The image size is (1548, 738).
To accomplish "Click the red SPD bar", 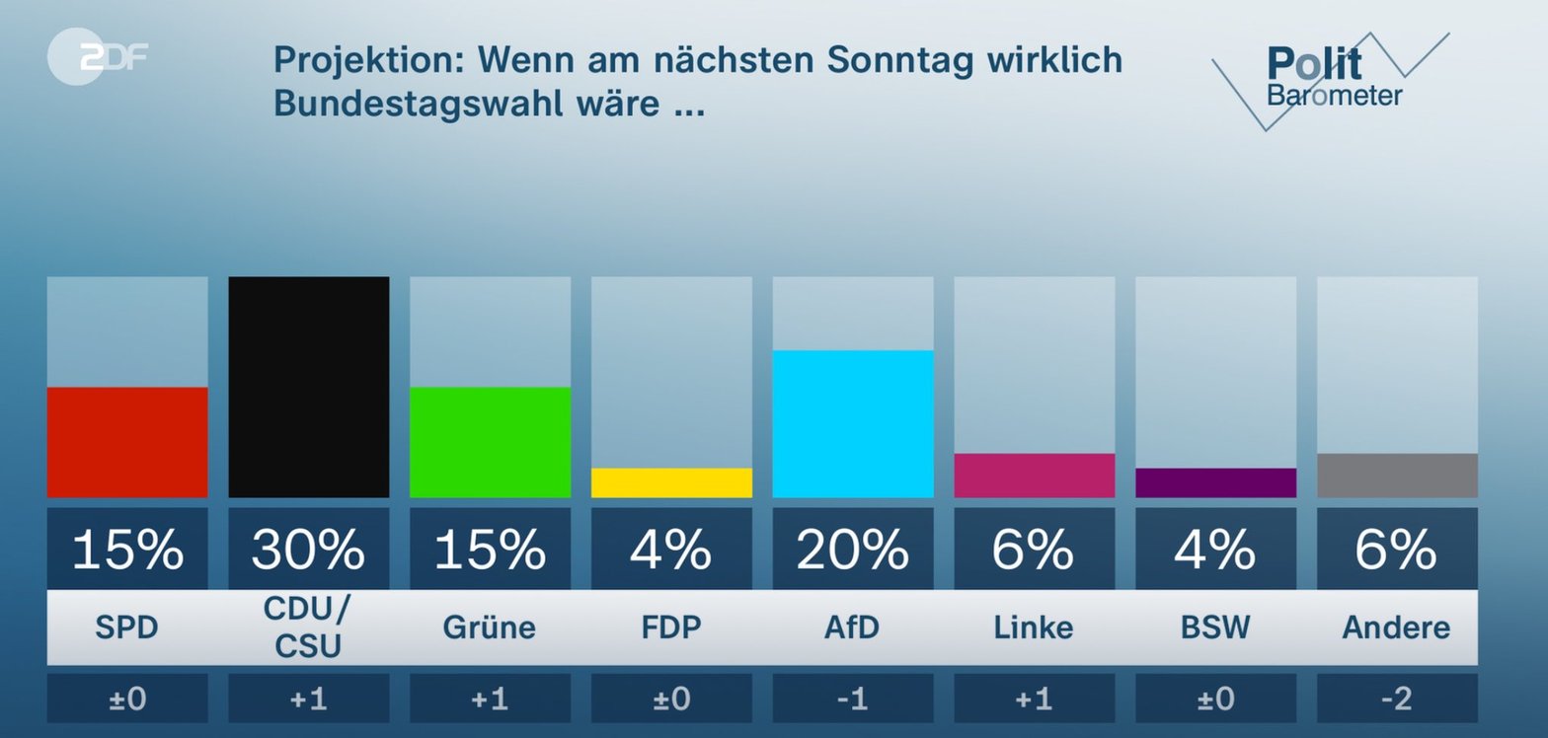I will pyautogui.click(x=127, y=442).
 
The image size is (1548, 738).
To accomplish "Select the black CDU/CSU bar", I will pyautogui.click(x=309, y=387).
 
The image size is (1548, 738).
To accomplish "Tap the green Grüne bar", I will pyautogui.click(x=490, y=442).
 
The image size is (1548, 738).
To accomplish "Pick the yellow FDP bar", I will pyautogui.click(x=671, y=482).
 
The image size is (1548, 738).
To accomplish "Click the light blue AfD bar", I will pyautogui.click(x=853, y=423).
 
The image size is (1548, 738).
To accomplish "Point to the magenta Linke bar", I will pyautogui.click(x=1035, y=476).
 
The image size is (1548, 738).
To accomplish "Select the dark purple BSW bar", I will pyautogui.click(x=1215, y=482).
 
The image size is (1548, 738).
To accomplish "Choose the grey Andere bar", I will pyautogui.click(x=1397, y=476).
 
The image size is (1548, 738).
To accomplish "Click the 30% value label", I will pyautogui.click(x=309, y=550).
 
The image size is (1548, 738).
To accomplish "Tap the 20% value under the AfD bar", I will pyautogui.click(x=853, y=550).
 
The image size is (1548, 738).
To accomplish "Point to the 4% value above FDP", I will pyautogui.click(x=671, y=550).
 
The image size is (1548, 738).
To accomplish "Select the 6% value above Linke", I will pyautogui.click(x=1035, y=550).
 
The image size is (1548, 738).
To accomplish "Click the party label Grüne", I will pyautogui.click(x=490, y=627).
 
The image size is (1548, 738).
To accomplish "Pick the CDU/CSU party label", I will pyautogui.click(x=309, y=627).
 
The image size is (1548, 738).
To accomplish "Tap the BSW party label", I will pyautogui.click(x=1215, y=627).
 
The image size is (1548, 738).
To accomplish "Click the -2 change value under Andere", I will pyautogui.click(x=1397, y=699).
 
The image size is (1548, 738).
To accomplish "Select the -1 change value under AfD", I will pyautogui.click(x=853, y=699).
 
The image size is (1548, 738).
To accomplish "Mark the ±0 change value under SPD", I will pyautogui.click(x=127, y=699).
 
